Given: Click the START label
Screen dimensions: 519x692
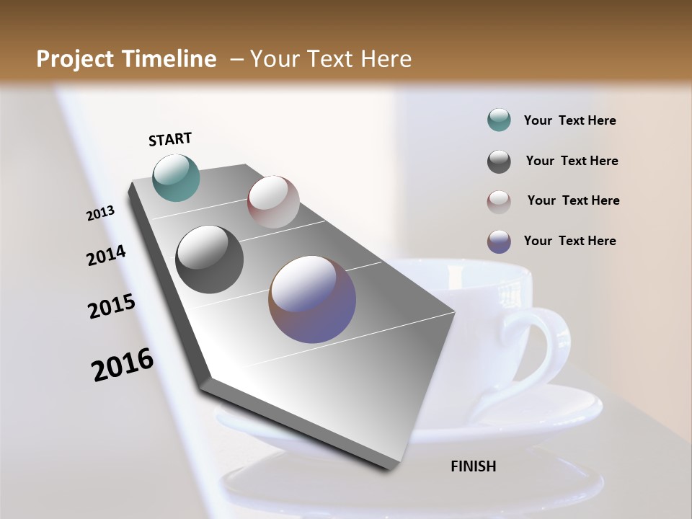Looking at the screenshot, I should (170, 139).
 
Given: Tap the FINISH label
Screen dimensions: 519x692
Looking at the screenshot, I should (473, 466).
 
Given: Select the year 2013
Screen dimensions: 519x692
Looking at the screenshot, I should (101, 213).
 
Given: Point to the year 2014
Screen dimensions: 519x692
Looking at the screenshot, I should (106, 256).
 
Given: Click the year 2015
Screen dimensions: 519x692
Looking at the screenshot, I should (112, 306).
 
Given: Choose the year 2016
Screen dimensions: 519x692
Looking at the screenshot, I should (123, 364).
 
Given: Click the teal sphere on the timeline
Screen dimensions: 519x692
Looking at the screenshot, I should (177, 177).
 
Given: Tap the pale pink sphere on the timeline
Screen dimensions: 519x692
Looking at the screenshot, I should (273, 202).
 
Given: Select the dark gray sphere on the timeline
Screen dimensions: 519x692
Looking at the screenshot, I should (209, 259).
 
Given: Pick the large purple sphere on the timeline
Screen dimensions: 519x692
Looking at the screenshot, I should (312, 299).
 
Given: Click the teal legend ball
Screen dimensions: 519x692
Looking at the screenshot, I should (499, 120).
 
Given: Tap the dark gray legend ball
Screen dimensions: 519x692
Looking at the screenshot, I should (499, 161).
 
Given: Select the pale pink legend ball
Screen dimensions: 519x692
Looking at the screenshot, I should (499, 201).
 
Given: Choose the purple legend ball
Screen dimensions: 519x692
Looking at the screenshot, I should (499, 241).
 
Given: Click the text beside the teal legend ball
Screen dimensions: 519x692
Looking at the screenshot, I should (569, 120).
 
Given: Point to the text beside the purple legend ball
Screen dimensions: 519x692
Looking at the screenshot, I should (569, 241).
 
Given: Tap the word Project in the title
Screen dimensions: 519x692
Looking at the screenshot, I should (76, 59).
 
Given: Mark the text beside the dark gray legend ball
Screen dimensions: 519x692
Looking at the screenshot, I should (572, 161).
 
